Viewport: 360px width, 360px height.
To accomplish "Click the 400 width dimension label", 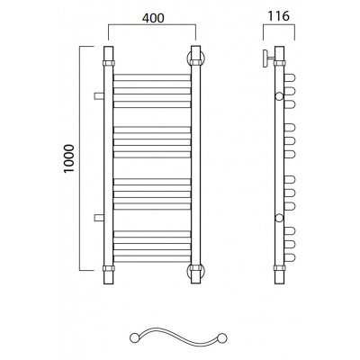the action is [153, 18].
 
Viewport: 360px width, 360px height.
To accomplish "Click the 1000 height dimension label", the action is [68, 158].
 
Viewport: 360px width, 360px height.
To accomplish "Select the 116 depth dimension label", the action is [279, 16].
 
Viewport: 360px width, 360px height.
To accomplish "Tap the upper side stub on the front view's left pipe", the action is [99, 96].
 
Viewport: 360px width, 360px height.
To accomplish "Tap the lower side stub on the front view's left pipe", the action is [99, 218].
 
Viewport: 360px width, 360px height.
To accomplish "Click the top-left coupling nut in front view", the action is [108, 63].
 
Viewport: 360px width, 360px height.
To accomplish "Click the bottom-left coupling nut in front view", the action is [108, 268].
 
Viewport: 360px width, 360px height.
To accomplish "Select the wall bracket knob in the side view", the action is [265, 58].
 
